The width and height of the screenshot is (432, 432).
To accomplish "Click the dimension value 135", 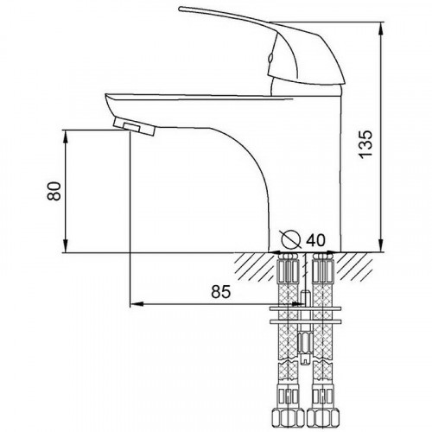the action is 365,144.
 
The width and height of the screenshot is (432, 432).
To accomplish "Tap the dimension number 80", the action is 54,191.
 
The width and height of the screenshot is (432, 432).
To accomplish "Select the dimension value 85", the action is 221,291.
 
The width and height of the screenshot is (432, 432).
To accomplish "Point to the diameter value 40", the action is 315,239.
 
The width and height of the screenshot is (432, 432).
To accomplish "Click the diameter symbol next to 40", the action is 291,239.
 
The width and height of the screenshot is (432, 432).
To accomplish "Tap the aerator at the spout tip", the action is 134,127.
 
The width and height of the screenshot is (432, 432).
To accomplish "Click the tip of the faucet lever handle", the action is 180,9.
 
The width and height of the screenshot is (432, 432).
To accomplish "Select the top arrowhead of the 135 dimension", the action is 381,29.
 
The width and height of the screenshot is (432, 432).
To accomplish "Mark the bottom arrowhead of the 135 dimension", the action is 381,245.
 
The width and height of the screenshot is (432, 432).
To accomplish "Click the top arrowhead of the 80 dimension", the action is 66,137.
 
